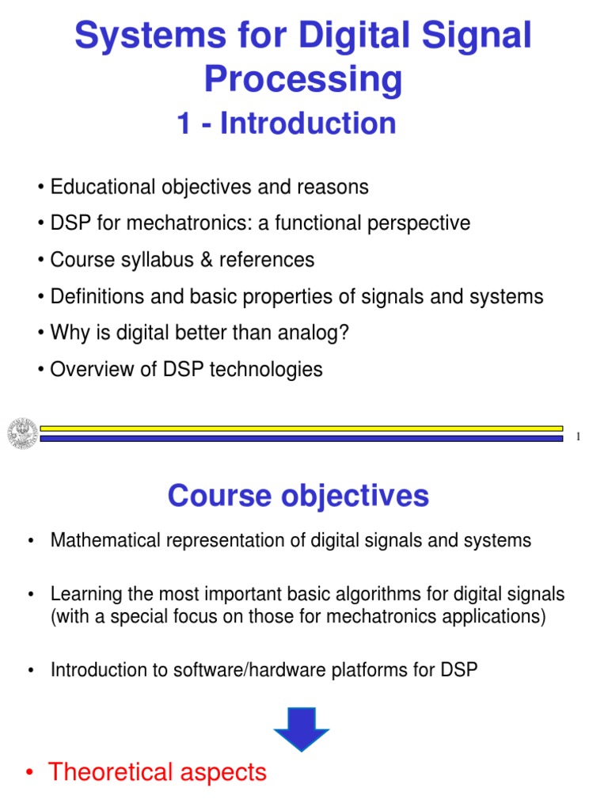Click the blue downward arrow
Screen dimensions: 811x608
pyautogui.click(x=301, y=726)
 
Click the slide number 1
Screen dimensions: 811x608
pyautogui.click(x=579, y=437)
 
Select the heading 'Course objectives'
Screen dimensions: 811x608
pyautogui.click(x=298, y=497)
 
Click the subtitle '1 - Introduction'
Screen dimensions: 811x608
pyautogui.click(x=287, y=124)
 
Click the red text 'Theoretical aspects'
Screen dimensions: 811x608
pyautogui.click(x=158, y=772)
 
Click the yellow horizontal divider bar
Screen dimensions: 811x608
pyautogui.click(x=301, y=428)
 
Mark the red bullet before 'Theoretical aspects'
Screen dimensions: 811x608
pyautogui.click(x=29, y=773)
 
